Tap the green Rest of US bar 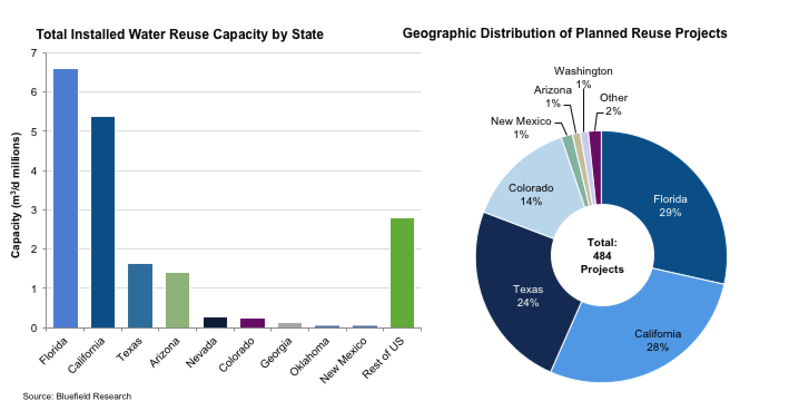coord(402,272)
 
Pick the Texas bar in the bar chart coord(140,295)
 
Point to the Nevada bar coord(215,322)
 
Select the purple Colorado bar coord(253,323)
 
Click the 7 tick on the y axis coord(34,53)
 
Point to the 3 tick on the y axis coord(34,210)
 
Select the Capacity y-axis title coord(16,195)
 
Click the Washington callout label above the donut coord(583,71)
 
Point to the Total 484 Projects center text coord(601,256)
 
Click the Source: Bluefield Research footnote coord(77,397)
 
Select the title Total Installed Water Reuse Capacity coord(179,35)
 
